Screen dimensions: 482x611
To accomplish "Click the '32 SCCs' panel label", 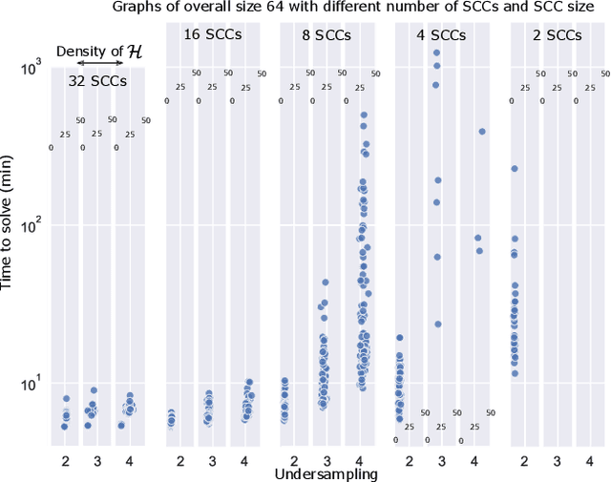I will pos(97,81).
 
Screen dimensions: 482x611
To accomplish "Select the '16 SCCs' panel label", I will pos(213,35).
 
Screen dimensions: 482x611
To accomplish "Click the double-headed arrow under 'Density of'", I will pos(97,66).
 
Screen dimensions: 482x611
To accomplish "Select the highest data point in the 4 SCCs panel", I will pos(436,53).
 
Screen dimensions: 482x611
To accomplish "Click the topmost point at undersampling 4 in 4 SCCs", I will pos(482,132).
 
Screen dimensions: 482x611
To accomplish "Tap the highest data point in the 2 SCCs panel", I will pos(514,168).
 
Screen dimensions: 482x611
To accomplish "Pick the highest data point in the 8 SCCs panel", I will pos(364,115).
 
